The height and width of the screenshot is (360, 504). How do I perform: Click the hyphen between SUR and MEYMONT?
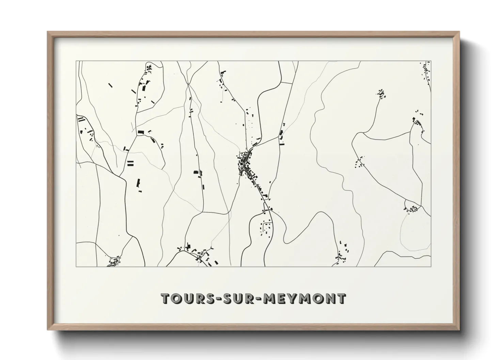tap(250, 299)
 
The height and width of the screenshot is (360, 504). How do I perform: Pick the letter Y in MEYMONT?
tap(288, 298)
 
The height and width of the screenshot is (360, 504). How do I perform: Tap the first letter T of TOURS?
tap(166, 298)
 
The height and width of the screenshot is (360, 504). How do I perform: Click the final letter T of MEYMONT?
tap(342, 298)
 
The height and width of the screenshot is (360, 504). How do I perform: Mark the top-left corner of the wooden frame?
tap(48, 32)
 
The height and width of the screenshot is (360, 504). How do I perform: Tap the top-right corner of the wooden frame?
tap(459, 32)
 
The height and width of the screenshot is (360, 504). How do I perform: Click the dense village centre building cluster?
tap(246, 164)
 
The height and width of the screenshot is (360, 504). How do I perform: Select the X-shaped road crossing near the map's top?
tap(188, 84)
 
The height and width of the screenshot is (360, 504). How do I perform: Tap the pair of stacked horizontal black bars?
tap(130, 163)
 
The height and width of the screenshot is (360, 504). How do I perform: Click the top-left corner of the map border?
tap(76, 61)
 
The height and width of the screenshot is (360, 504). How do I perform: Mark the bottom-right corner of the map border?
tap(431, 266)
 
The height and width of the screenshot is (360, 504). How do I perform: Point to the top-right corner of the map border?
tap(431, 61)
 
